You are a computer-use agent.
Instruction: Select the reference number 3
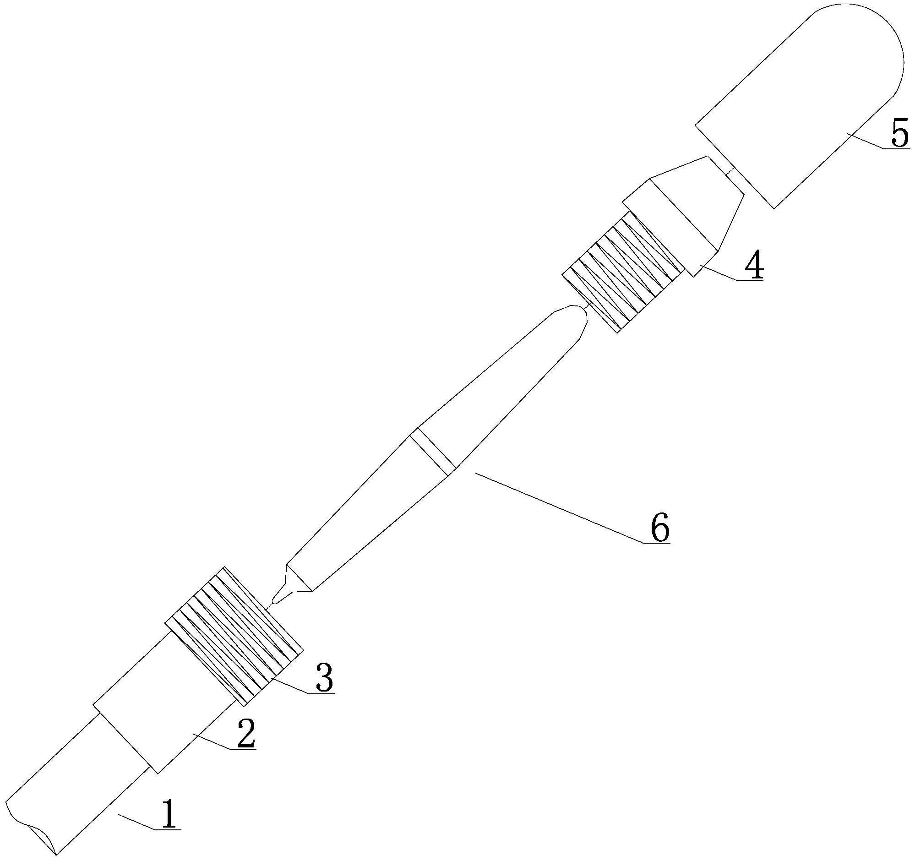click(x=324, y=676)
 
